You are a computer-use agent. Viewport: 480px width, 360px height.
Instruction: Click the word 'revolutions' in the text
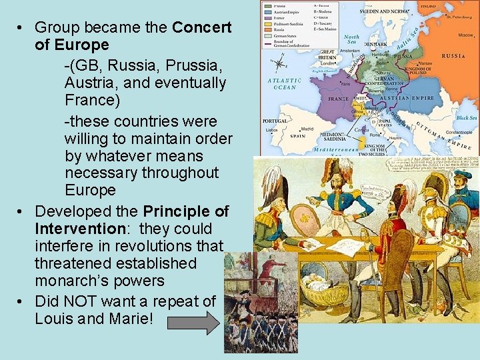pos(164,246)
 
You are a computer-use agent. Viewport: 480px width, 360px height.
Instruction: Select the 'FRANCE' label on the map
pos(339,98)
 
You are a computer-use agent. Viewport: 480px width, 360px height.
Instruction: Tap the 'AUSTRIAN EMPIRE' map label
pos(408,98)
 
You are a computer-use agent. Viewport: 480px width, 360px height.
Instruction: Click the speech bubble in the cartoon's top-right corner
pos(433,165)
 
